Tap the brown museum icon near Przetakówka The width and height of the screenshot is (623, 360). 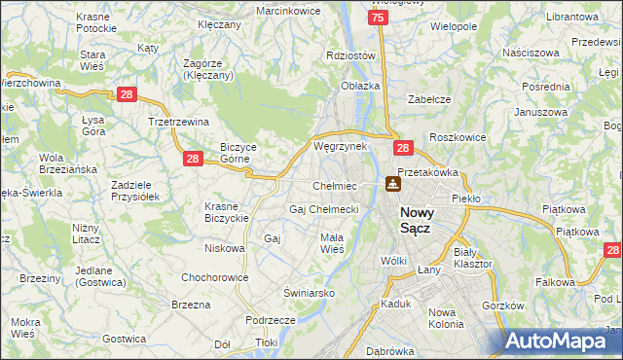click(x=393, y=183)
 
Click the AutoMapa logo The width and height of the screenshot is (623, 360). click(x=561, y=342)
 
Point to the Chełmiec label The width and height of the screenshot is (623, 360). click(x=334, y=186)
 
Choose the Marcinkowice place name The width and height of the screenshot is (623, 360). click(x=288, y=10)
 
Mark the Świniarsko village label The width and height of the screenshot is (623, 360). click(x=309, y=292)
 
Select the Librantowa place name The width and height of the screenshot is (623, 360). click(x=571, y=18)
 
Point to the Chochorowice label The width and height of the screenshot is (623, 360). click(x=214, y=277)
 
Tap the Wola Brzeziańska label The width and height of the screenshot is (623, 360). click(x=67, y=163)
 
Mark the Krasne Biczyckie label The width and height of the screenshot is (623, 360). click(x=226, y=212)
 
